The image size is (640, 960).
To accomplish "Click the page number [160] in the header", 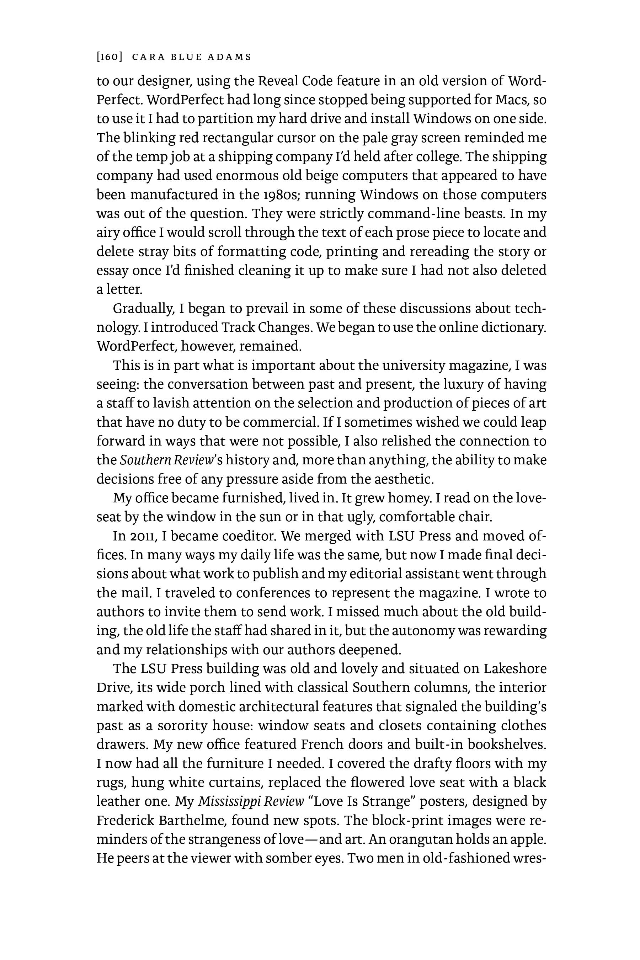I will [110, 57].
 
